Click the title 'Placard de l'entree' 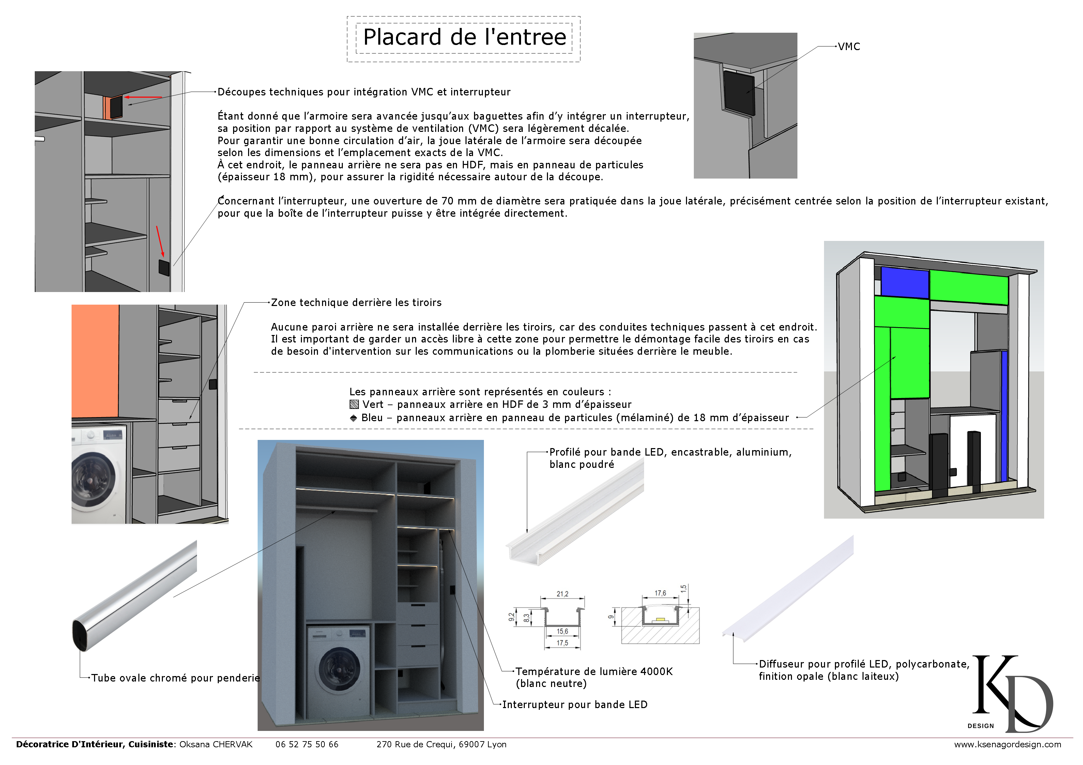(464, 37)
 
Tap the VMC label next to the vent (849, 47)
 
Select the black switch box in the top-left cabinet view (164, 267)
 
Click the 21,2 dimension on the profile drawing (562, 594)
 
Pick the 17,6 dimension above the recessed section (660, 593)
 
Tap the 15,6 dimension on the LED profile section (562, 631)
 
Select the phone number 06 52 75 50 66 (307, 744)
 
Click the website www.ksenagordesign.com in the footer (1007, 744)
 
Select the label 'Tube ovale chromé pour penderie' (176, 678)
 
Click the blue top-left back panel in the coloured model (904, 282)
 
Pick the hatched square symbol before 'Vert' (354, 404)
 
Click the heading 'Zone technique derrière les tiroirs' (356, 302)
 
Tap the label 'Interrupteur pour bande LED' (575, 704)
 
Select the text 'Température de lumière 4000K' (594, 671)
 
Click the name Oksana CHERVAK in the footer (216, 744)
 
